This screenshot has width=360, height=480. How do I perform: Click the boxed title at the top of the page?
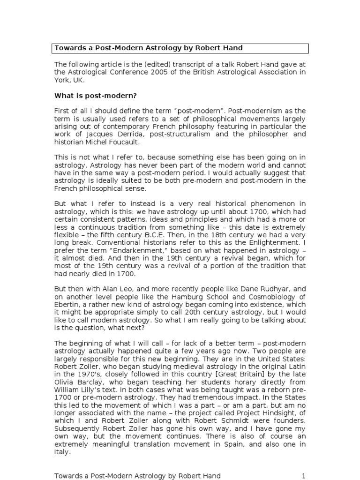coord(180,48)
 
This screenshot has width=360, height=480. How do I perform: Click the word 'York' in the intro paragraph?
coord(63,80)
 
